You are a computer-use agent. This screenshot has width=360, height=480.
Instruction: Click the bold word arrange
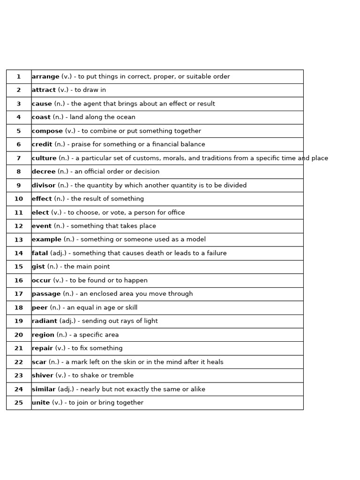(x=45, y=76)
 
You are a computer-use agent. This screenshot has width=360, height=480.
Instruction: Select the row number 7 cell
(x=19, y=158)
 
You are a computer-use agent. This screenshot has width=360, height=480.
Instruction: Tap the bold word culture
(x=44, y=158)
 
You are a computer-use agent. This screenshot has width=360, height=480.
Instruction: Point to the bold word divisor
(x=44, y=185)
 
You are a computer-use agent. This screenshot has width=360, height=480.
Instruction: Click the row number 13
(x=19, y=240)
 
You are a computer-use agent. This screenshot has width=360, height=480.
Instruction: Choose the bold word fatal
(x=40, y=253)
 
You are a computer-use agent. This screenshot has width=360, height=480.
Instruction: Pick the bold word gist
(x=38, y=267)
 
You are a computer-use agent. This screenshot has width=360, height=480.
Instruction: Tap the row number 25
(x=19, y=403)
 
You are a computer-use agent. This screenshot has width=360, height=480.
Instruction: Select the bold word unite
(x=41, y=403)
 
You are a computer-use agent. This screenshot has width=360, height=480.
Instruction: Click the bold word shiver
(x=43, y=375)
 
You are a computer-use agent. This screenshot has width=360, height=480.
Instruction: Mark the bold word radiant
(x=45, y=321)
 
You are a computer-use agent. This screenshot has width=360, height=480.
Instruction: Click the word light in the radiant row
(x=150, y=321)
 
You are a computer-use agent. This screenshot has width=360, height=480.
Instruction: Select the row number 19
(x=19, y=321)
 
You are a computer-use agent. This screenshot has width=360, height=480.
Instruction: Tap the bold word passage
(x=46, y=294)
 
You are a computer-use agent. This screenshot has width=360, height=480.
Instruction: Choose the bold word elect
(x=40, y=212)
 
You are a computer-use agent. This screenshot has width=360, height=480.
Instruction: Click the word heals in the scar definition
(x=215, y=362)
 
